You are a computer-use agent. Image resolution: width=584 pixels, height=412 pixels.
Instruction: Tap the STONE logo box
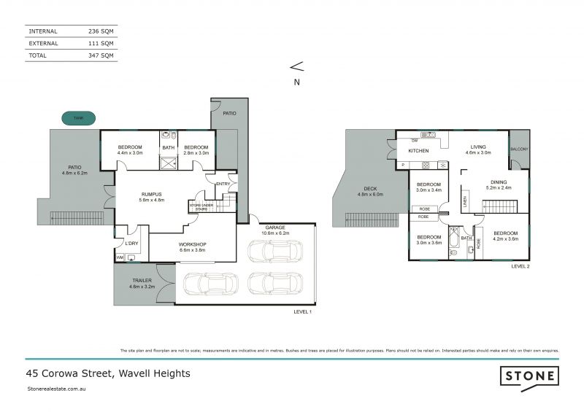point(529,376)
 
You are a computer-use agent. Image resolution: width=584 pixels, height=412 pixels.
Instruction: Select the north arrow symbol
point(296,67)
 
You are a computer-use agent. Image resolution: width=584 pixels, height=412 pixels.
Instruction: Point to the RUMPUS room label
point(153,195)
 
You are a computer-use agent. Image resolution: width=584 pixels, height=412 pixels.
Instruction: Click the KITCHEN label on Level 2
point(418,150)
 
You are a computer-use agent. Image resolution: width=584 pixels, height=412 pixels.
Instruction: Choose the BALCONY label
point(519,149)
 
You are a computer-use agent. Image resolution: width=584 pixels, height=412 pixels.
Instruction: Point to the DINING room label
point(499,182)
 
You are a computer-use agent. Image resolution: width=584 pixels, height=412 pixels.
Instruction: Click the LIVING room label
point(478,147)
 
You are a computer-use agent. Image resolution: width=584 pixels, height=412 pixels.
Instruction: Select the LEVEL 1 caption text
point(301,311)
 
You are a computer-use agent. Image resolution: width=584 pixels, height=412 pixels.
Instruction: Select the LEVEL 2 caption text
point(520,267)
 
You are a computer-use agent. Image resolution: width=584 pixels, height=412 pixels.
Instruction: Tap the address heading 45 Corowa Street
point(108,373)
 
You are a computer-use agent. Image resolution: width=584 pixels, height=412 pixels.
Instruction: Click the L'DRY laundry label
point(132,243)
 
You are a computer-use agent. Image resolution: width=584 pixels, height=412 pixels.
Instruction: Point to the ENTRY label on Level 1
point(223,184)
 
